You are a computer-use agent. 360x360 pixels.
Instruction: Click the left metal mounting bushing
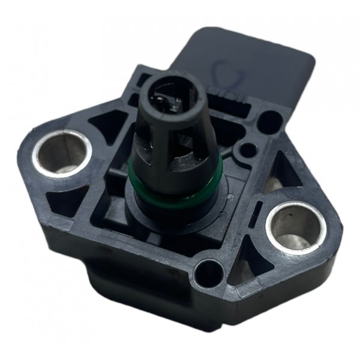tap(62, 152)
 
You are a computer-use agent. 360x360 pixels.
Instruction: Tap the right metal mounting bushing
tap(297, 227)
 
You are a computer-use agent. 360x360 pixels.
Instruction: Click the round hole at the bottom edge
tap(208, 272)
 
